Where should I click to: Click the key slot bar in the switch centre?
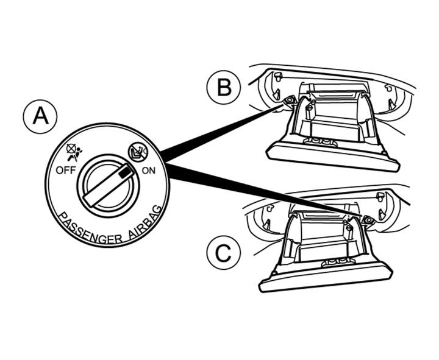tap(106, 185)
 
